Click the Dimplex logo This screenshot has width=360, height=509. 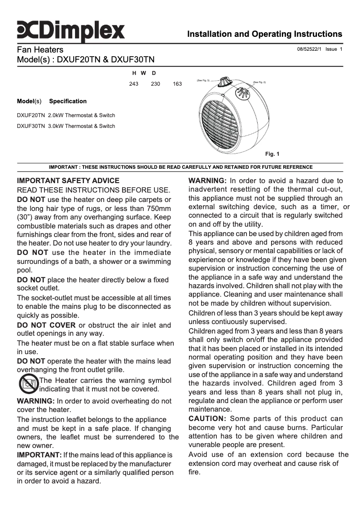71,31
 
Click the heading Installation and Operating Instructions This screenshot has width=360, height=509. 264,34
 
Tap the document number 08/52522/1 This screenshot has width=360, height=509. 309,49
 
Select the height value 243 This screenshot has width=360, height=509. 134,84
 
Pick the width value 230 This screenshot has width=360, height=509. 155,84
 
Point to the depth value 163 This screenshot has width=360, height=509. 177,84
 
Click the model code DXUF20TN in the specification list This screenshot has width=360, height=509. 31,115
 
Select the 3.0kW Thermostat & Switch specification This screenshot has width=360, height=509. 81,126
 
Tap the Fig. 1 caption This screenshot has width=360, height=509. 272,154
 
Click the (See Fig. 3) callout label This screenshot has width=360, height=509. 203,80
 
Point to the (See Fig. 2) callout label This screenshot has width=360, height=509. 259,82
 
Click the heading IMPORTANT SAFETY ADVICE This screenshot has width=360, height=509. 68,180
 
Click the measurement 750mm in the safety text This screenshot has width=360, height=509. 158,208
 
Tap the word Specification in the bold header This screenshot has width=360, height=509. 68,101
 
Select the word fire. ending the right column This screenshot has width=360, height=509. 194,472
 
